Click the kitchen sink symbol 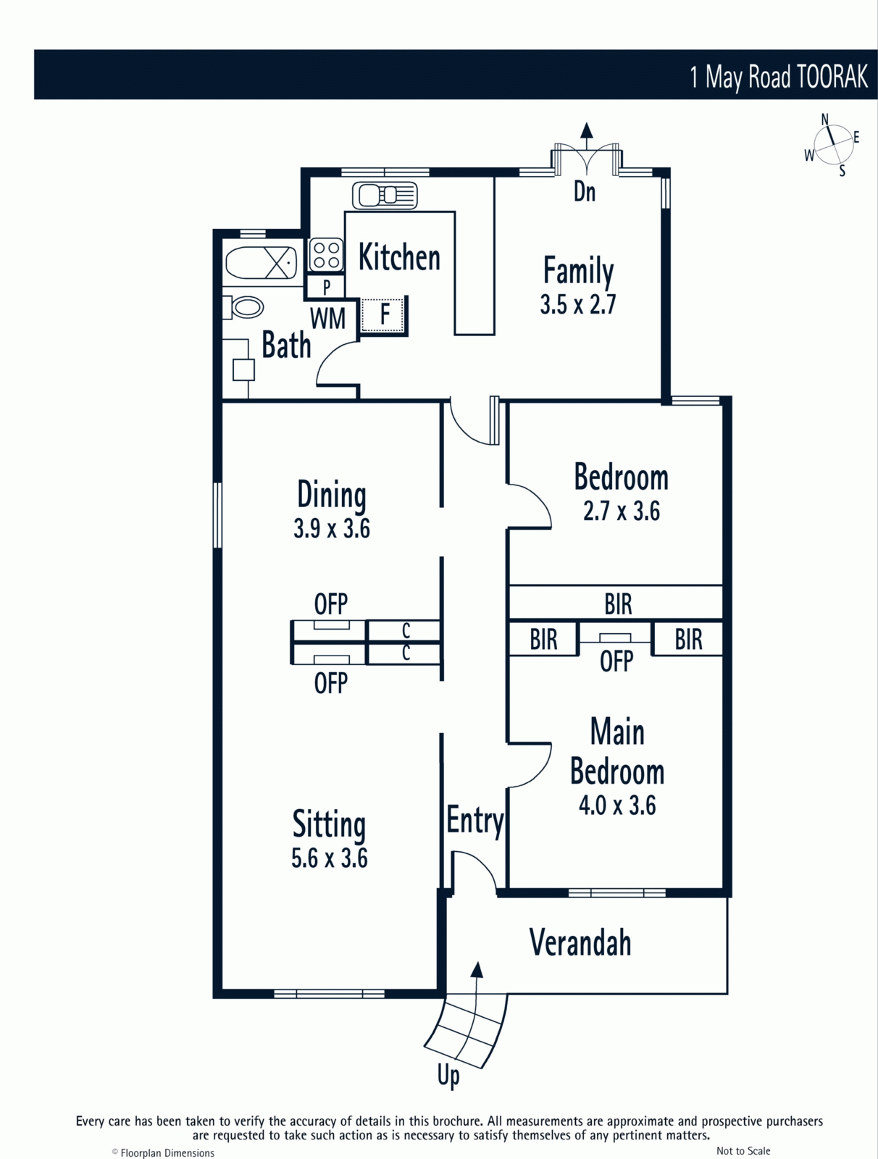tap(385, 196)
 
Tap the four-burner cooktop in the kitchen tap(326, 255)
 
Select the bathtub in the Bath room tap(261, 262)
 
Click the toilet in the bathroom tap(243, 307)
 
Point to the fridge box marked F tap(384, 314)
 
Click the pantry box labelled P tap(326, 287)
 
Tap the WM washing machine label tap(327, 319)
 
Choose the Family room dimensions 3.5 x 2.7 tap(577, 304)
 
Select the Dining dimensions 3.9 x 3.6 tap(332, 528)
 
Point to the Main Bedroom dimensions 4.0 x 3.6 tap(617, 806)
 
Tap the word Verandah tap(580, 942)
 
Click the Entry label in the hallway tap(475, 821)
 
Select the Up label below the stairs tap(448, 1076)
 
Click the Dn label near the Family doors tap(585, 192)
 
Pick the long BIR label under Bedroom tap(618, 603)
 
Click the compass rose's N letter tap(824, 120)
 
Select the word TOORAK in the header tap(832, 77)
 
